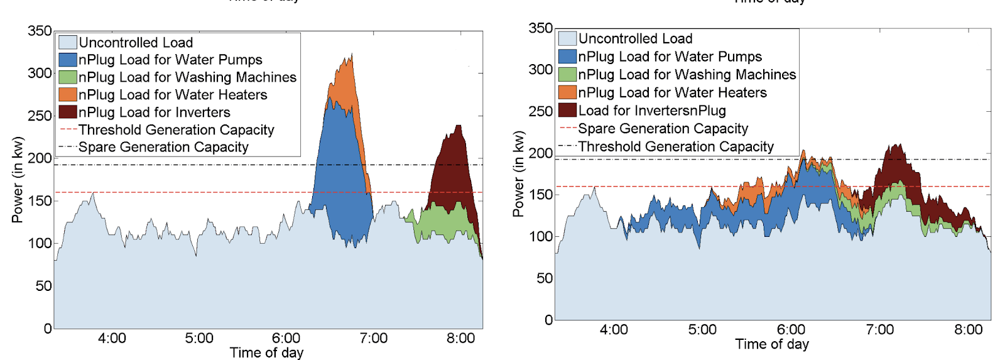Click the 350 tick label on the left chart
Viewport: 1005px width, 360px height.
click(x=40, y=31)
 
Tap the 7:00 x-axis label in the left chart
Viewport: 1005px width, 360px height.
click(x=373, y=338)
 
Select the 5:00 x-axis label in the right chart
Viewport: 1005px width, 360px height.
click(x=702, y=330)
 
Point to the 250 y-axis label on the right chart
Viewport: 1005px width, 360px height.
click(x=540, y=111)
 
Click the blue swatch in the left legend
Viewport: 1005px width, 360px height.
click(x=68, y=60)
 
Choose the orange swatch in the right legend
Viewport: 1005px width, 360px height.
click(x=567, y=92)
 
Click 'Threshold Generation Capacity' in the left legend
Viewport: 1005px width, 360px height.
click(x=177, y=130)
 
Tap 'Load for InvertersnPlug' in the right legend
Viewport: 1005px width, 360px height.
click(x=652, y=111)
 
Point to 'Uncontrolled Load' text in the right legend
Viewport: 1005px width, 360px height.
click(x=635, y=38)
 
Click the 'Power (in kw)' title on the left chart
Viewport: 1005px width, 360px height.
click(x=17, y=180)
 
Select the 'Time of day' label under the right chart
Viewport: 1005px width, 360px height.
click(x=772, y=344)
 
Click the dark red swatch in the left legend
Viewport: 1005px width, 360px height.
click(x=68, y=112)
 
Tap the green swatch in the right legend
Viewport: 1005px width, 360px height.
click(x=567, y=74)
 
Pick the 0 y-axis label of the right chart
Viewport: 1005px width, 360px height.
click(x=548, y=320)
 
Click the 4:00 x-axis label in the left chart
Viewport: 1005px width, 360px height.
click(x=112, y=338)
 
